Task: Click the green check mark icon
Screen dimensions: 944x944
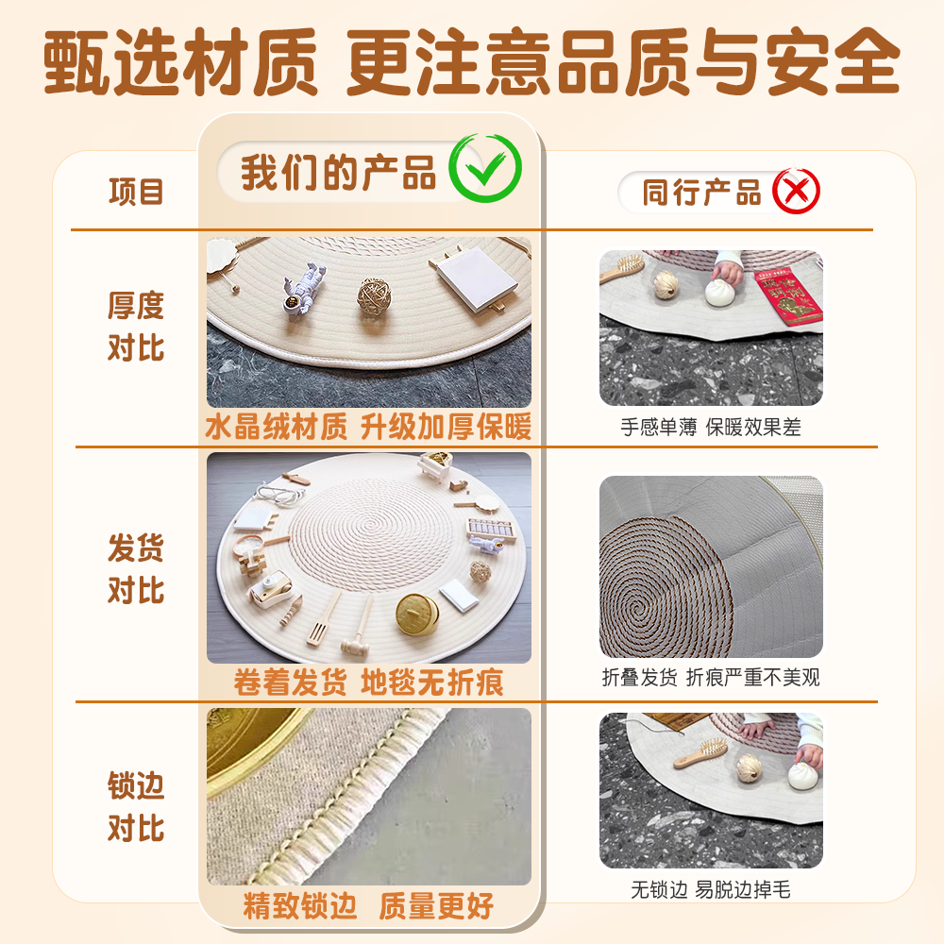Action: [x=484, y=169]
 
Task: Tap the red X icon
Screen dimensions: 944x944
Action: [x=796, y=192]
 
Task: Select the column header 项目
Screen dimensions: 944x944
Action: [x=136, y=192]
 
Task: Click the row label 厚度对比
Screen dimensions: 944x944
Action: [x=136, y=327]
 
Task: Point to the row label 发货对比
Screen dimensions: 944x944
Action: [x=136, y=569]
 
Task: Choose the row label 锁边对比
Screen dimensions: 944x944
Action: [x=136, y=807]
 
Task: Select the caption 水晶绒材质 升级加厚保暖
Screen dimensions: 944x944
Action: [x=368, y=428]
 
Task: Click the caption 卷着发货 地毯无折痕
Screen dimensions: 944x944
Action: [x=368, y=682]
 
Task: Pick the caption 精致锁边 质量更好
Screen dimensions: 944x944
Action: [x=368, y=907]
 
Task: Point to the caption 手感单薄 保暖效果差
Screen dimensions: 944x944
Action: [x=710, y=427]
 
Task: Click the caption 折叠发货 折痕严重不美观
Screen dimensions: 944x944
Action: [x=710, y=677]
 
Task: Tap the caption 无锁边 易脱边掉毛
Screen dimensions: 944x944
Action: [x=710, y=889]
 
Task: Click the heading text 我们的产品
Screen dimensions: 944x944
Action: [x=338, y=173]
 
